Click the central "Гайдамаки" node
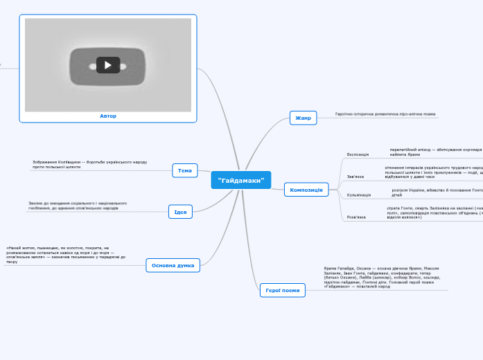(240, 180)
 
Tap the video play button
(107, 65)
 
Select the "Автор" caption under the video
(108, 116)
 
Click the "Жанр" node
(303, 118)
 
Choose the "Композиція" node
(306, 190)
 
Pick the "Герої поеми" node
(283, 290)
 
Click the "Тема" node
(185, 170)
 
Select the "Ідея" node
(180, 212)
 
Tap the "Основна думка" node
(173, 265)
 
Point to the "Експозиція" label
(358, 154)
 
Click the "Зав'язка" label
(355, 177)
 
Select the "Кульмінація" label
(359, 195)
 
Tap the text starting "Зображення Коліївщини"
(89, 164)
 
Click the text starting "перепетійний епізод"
(436, 152)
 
